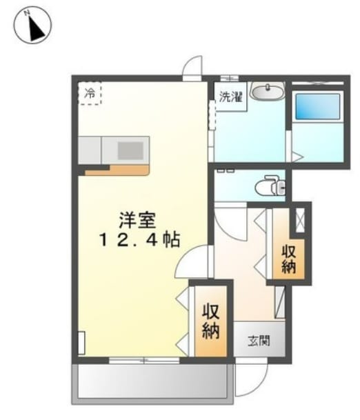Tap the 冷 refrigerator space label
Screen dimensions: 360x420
click(90, 93)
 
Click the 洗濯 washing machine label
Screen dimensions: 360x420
click(231, 97)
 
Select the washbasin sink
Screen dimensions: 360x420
click(268, 91)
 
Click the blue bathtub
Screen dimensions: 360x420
click(318, 107)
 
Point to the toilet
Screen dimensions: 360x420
click(270, 185)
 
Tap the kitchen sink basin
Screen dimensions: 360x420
click(130, 150)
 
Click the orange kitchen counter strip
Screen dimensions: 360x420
click(117, 170)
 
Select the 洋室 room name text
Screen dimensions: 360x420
click(137, 220)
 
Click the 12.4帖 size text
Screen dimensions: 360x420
click(139, 239)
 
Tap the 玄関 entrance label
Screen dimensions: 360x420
click(259, 341)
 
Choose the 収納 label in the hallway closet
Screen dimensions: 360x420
click(288, 259)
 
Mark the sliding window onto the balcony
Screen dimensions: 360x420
click(144, 361)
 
